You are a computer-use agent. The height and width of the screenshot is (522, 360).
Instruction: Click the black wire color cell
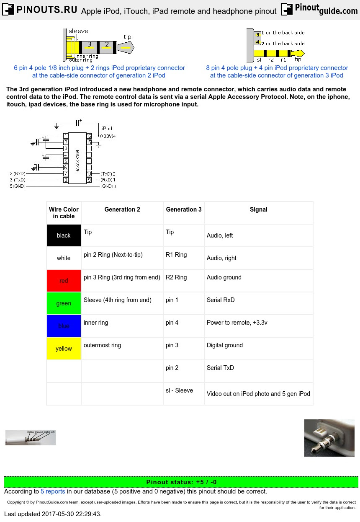point(64,235)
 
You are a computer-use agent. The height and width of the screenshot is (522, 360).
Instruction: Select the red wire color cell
point(64,281)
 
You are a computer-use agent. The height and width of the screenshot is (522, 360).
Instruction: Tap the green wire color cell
point(64,303)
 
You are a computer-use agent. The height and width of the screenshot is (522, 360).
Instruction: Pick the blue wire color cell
point(64,326)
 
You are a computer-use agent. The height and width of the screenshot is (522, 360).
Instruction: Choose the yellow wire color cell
point(64,349)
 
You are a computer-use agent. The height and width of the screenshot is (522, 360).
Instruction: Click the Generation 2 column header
point(122,209)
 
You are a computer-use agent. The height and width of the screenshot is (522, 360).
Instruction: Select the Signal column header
point(258,209)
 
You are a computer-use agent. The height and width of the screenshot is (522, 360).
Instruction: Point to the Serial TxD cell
point(220,368)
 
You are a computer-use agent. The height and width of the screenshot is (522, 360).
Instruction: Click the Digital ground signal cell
point(225,345)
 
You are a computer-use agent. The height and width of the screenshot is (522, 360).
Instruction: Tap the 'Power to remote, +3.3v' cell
point(237,323)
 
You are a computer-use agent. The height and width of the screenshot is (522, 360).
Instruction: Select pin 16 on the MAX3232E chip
point(89,136)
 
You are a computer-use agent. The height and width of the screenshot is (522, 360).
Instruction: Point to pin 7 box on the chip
point(66,173)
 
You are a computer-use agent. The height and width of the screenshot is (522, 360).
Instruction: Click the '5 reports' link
point(53,491)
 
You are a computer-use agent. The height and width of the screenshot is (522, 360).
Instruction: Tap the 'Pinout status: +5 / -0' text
point(181,482)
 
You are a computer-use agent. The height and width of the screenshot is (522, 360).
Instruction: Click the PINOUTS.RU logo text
point(46,10)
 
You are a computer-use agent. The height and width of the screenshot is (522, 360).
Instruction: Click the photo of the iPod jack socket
point(329,438)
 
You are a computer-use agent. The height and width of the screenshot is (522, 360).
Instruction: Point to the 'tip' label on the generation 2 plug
point(127,37)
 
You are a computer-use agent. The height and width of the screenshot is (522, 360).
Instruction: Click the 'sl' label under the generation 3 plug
point(259,60)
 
